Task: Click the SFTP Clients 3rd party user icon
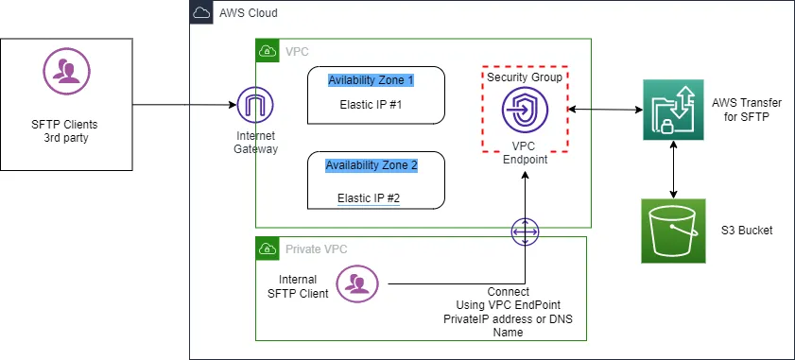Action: (x=63, y=72)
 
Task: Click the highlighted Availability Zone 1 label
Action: (x=372, y=79)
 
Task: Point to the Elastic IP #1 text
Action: (x=371, y=104)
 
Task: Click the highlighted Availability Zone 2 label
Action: (x=371, y=165)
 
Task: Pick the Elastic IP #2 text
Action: (x=369, y=198)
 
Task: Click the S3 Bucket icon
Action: (x=672, y=230)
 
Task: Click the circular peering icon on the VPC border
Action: (x=525, y=231)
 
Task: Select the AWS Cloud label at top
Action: (x=247, y=14)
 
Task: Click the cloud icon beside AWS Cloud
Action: (x=202, y=13)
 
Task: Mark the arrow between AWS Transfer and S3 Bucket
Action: (x=672, y=170)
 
